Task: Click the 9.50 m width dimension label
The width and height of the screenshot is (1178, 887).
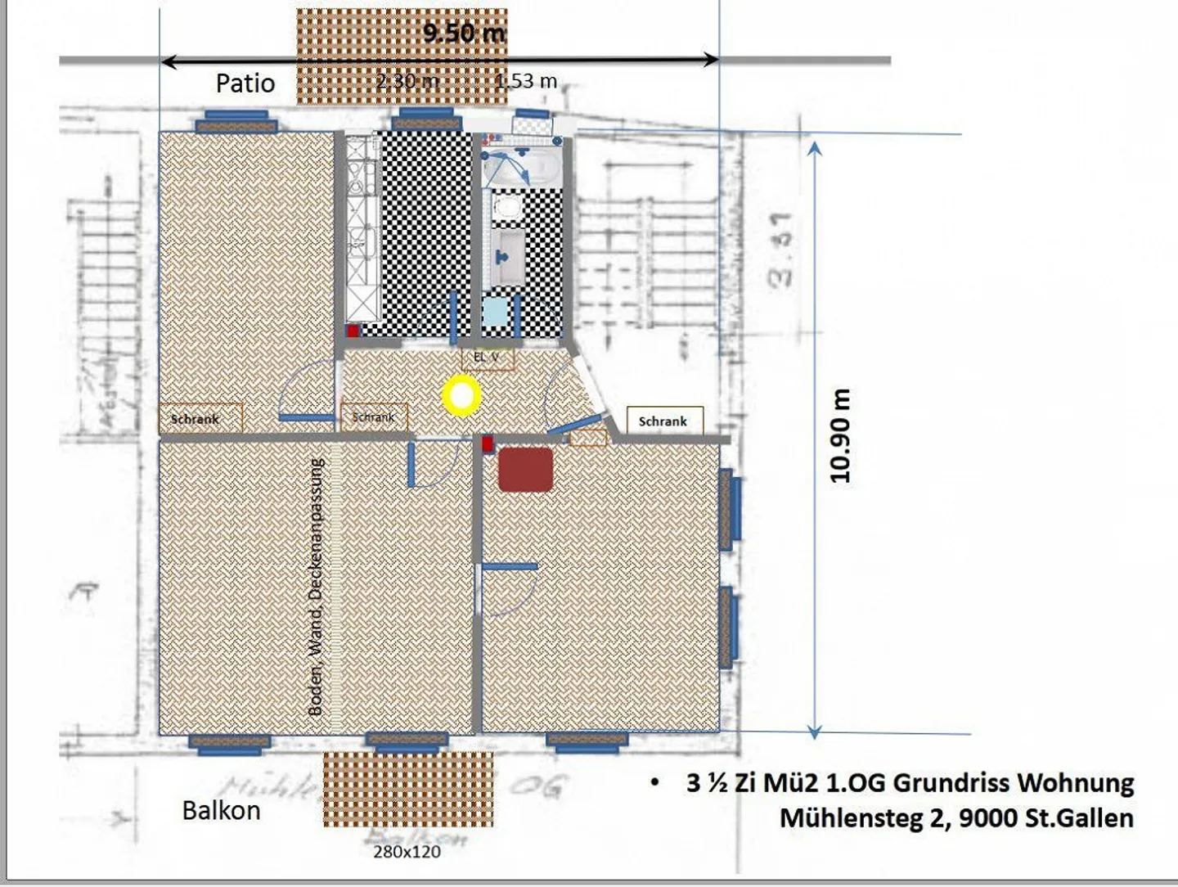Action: point(464,33)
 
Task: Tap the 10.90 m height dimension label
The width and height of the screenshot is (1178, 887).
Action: point(840,436)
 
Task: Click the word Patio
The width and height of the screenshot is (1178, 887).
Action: point(245,83)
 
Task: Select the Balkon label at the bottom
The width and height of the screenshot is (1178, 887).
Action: point(221,810)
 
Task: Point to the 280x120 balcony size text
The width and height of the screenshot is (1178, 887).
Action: point(407,852)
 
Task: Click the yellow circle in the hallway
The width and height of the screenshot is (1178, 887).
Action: point(461,396)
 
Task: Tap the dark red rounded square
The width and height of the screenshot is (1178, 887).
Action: point(525,470)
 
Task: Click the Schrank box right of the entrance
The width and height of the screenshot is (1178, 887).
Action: point(663,421)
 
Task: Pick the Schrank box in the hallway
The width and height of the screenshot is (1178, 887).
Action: point(374,417)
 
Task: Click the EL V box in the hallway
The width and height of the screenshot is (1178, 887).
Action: point(488,358)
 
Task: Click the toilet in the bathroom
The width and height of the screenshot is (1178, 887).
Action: point(508,207)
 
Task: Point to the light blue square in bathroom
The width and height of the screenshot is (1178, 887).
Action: point(495,312)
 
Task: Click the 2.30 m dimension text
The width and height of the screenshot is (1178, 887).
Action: point(407,81)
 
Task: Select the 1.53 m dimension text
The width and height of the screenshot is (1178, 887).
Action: point(526,81)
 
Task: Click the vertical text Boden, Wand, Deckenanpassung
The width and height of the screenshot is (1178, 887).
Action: point(316,587)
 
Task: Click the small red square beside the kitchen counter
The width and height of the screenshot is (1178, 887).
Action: point(353,331)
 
